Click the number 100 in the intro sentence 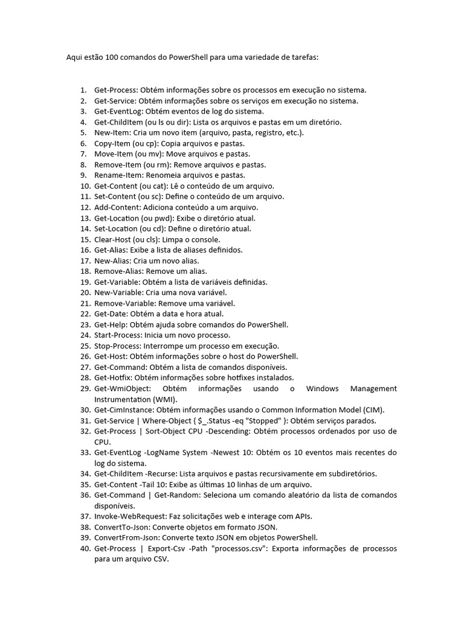pyautogui.click(x=112, y=58)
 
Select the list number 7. pyautogui.click(x=83, y=154)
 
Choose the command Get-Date pyautogui.click(x=109, y=314)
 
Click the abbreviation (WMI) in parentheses pyautogui.click(x=168, y=400)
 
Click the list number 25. pyautogui.click(x=84, y=346)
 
